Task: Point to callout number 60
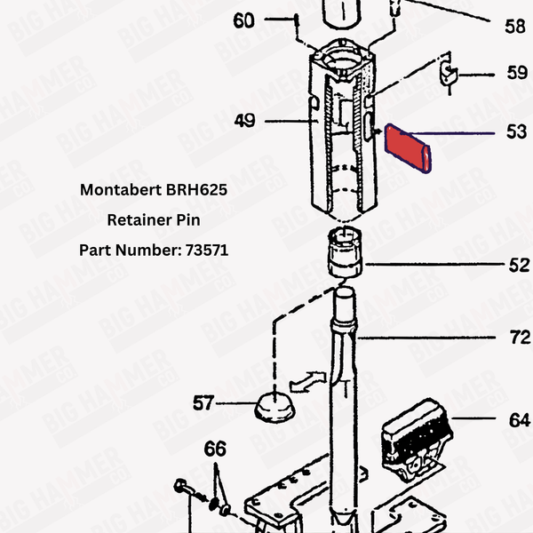(243, 20)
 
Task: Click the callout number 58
(515, 27)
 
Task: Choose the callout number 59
(516, 73)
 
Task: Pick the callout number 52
(518, 265)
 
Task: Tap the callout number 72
(520, 338)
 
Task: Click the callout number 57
(203, 403)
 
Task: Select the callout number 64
(519, 418)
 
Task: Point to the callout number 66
(216, 449)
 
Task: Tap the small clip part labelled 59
(449, 76)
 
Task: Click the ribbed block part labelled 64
(413, 439)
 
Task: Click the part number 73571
(208, 251)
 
